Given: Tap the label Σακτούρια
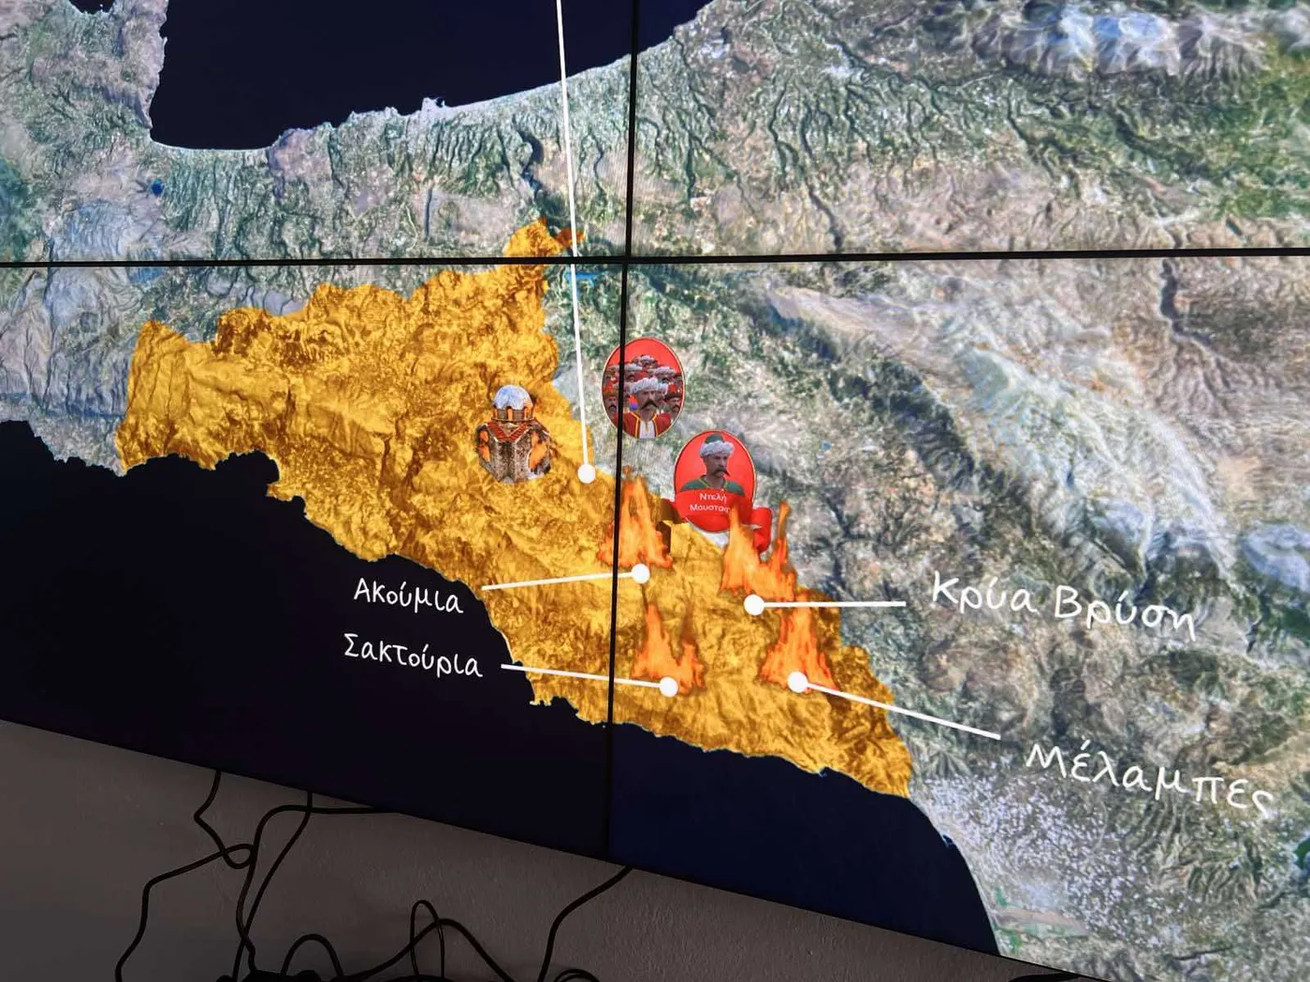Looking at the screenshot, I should click(x=413, y=655).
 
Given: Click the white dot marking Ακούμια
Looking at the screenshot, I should click(x=641, y=573).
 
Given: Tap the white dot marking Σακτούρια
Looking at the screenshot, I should click(x=668, y=686).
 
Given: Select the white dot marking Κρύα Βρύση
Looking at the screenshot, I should click(x=753, y=605).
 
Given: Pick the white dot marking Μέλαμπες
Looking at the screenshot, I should click(x=797, y=682).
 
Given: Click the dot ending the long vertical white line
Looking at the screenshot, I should click(x=587, y=473).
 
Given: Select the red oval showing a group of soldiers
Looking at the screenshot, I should click(x=643, y=388).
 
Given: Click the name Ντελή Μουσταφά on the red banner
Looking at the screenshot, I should click(x=713, y=502).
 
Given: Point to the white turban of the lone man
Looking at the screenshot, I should click(x=715, y=445).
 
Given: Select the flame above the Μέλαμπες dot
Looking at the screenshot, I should click(x=795, y=645).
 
